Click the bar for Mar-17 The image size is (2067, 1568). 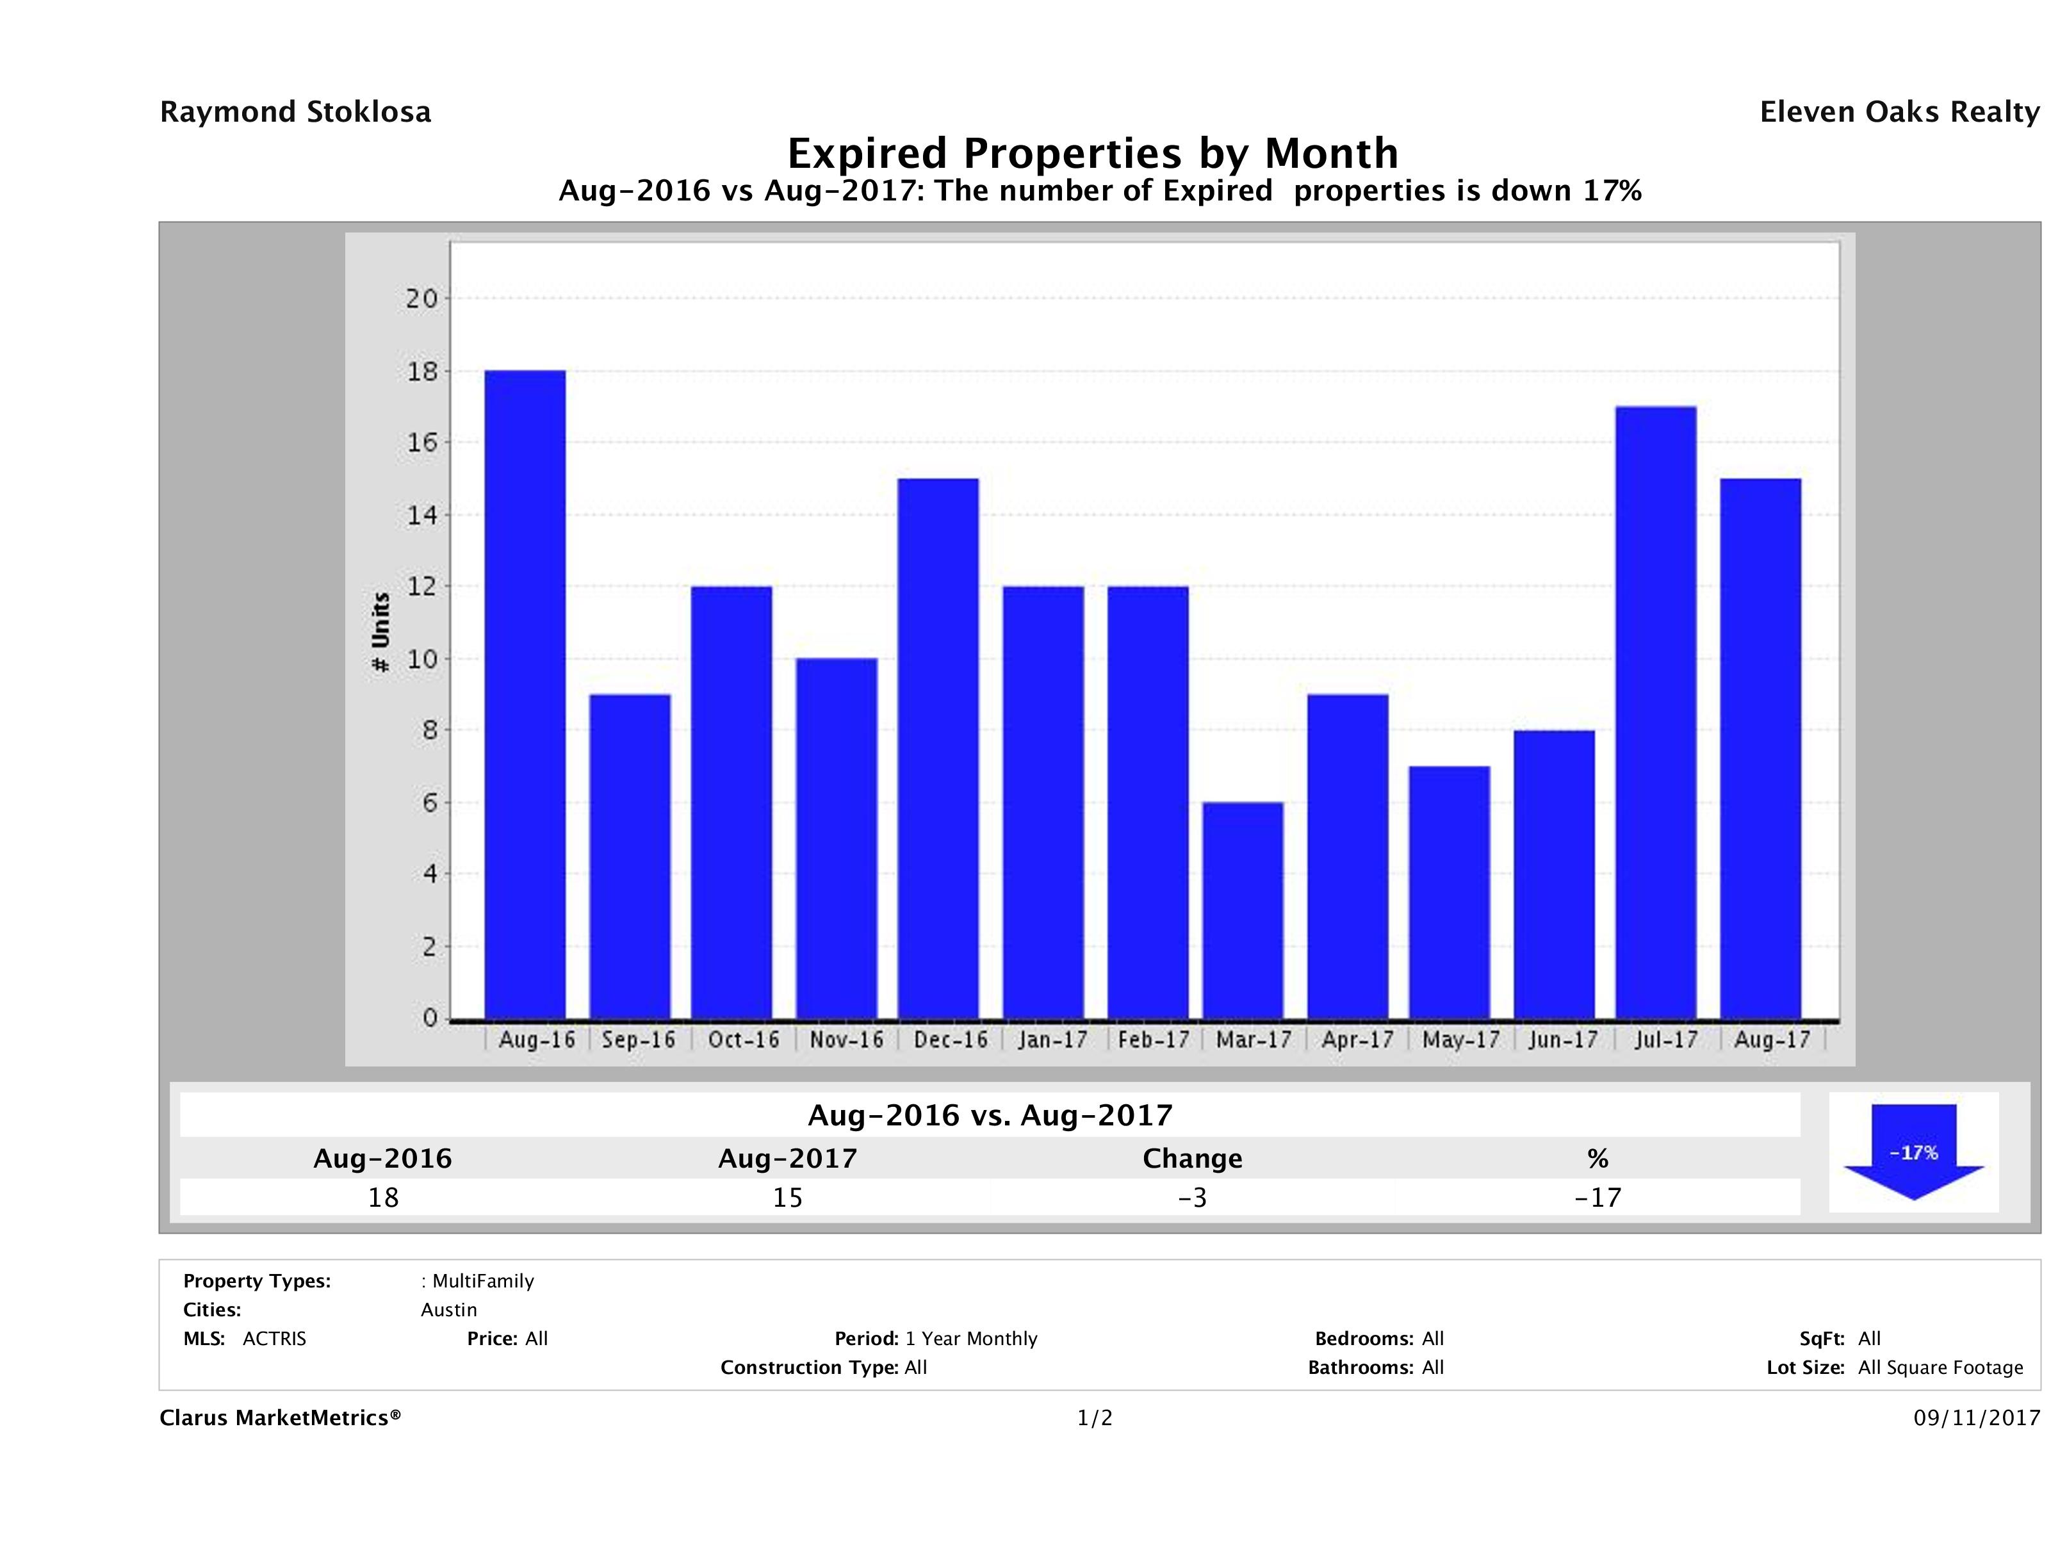1243,910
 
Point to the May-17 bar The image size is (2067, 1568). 1450,892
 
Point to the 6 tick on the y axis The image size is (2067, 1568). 430,803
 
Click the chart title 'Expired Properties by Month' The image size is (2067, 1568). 1092,153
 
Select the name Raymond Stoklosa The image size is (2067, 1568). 295,112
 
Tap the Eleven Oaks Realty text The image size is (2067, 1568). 1899,112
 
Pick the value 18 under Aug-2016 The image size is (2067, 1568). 383,1198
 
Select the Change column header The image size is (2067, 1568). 1193,1159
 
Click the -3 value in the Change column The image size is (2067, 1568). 1193,1198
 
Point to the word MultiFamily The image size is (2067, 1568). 483,1281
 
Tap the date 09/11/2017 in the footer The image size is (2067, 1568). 1976,1417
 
